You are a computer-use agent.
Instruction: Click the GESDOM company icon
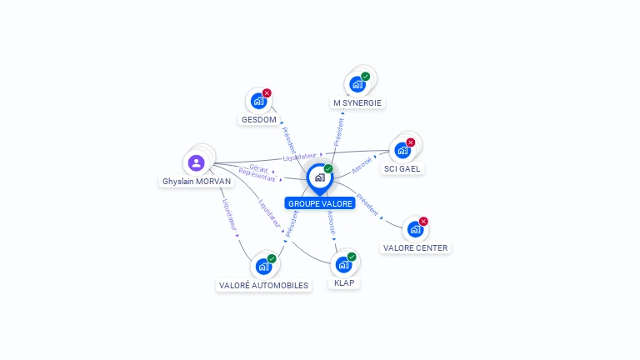coord(258,102)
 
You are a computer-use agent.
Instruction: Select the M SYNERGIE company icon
coord(357,84)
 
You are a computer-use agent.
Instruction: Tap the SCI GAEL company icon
coord(402,151)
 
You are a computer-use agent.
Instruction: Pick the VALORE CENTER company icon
coord(415,230)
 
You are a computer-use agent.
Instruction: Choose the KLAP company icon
coord(343,265)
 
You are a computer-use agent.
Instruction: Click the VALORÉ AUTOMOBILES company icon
coord(263,267)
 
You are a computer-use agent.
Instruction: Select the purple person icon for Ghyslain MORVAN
coord(197,162)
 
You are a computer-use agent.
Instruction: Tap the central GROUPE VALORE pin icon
coord(319,177)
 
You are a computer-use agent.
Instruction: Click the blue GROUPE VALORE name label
coord(320,203)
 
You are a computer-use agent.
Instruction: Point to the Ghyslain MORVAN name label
coord(197,182)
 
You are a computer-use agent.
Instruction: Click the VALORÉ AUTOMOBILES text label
coord(263,286)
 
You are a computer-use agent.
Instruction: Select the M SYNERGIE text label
coord(357,103)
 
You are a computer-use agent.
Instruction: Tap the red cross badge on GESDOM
coord(267,93)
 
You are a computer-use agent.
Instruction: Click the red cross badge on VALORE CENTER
coord(423,222)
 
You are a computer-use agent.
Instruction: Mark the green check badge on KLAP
coord(352,257)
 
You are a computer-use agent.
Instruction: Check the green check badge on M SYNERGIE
coord(366,76)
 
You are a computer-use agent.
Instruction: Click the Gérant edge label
coord(258,167)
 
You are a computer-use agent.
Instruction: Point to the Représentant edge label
coord(257,175)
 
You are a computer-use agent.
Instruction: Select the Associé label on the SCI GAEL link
coord(362,165)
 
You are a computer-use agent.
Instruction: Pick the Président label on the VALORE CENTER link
coord(367,204)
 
